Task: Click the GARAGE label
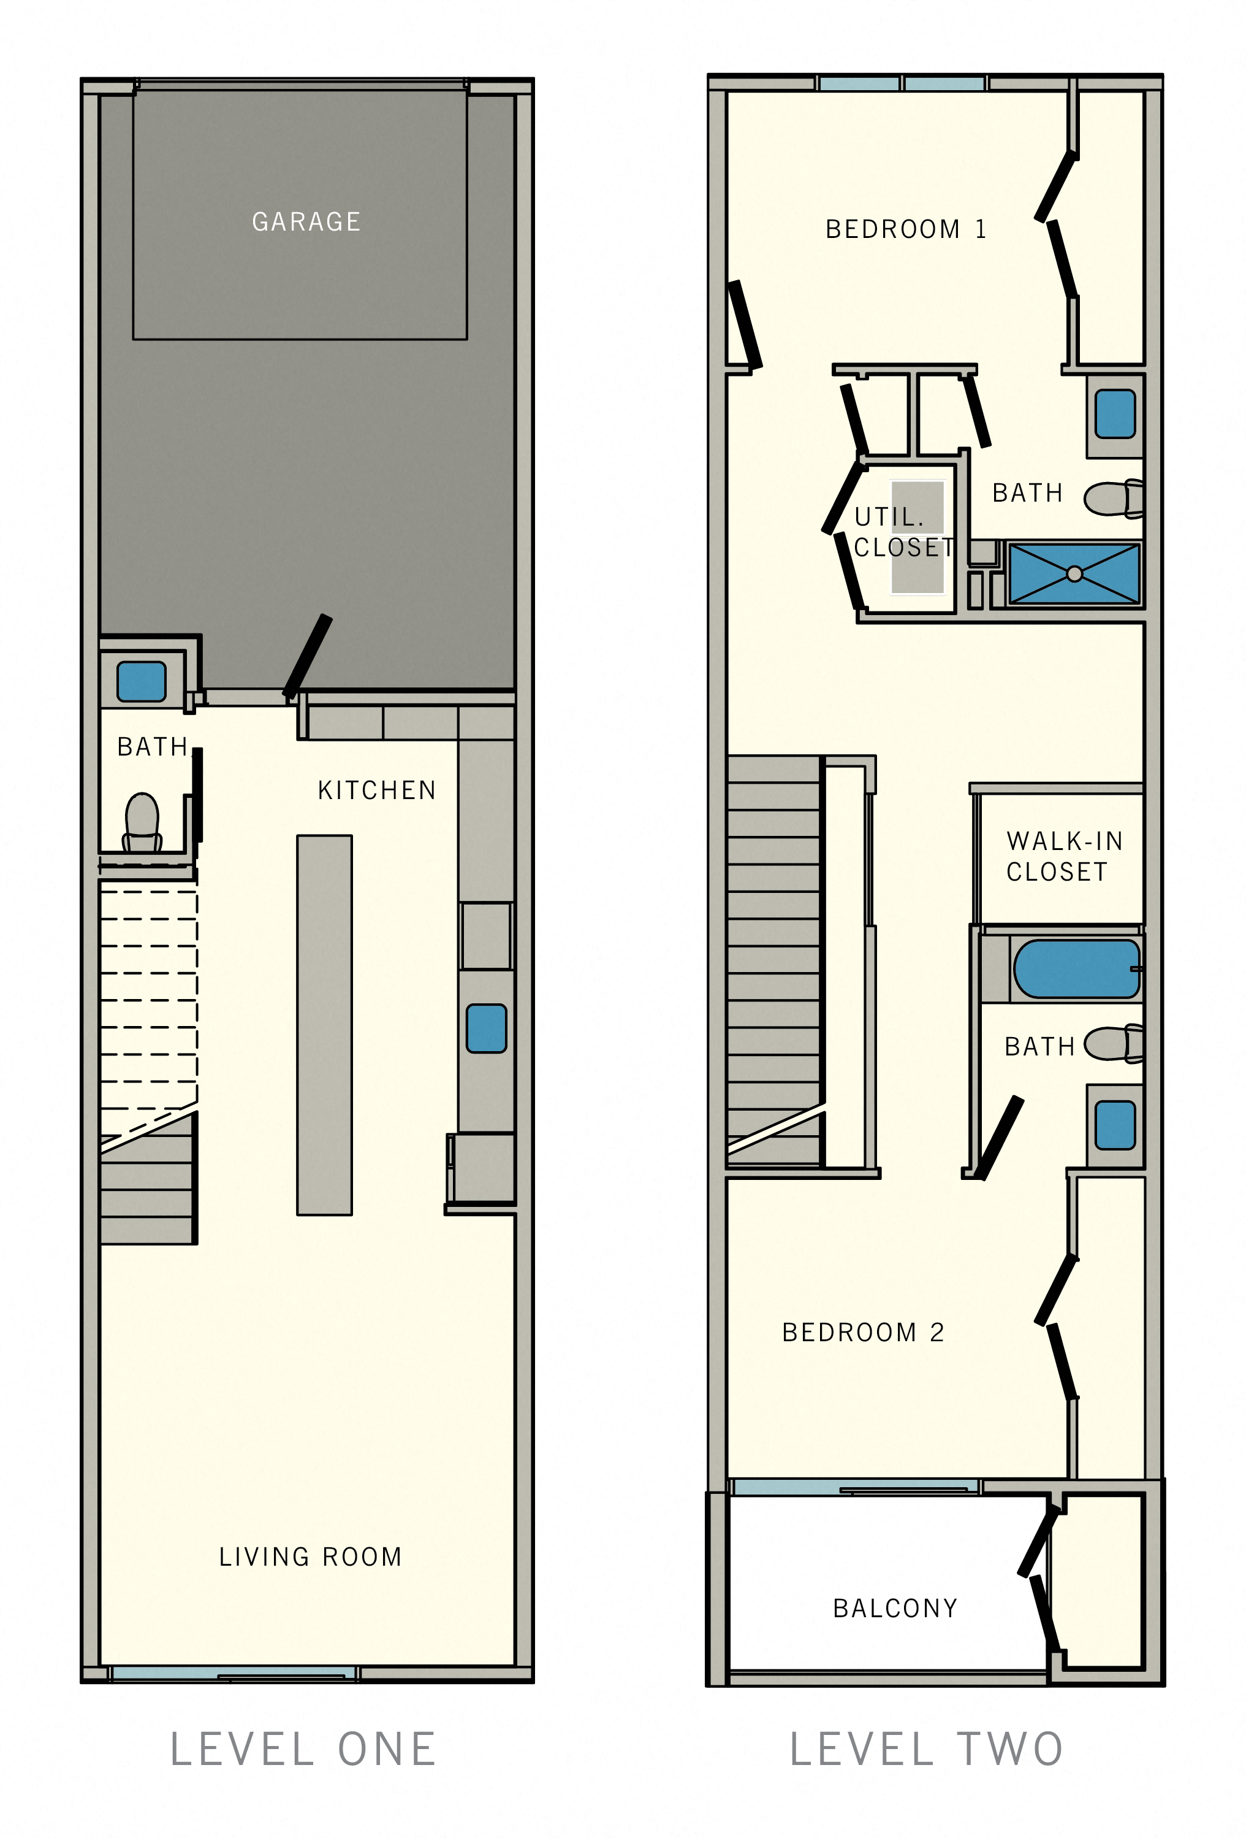click(x=306, y=221)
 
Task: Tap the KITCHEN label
click(x=376, y=790)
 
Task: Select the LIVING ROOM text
click(x=310, y=1557)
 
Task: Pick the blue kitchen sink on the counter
click(x=486, y=1028)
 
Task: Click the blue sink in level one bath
click(x=142, y=682)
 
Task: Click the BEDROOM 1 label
click(x=905, y=229)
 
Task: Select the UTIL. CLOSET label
click(x=903, y=532)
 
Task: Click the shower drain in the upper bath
click(x=1074, y=574)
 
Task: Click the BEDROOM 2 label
click(x=862, y=1333)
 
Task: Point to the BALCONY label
click(x=895, y=1608)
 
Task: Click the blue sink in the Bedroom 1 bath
click(x=1115, y=413)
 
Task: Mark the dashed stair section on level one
click(x=149, y=1000)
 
